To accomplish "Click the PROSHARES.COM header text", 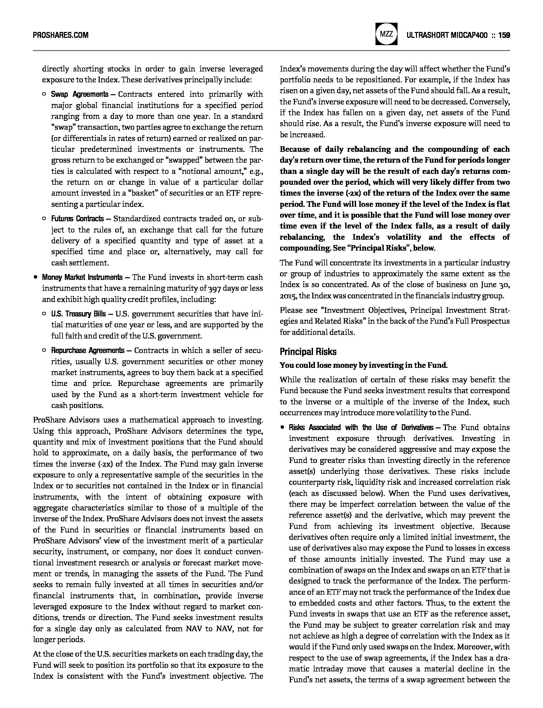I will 61,35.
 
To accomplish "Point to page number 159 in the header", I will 504,35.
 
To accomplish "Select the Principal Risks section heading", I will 308,352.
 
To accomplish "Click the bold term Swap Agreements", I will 79,95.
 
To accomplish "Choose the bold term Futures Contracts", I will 77,219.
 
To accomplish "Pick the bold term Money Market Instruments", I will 82,277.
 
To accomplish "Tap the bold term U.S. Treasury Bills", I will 78,314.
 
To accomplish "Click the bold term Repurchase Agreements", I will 88,350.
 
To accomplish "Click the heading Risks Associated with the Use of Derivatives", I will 361,428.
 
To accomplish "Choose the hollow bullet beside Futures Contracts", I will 44,219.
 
